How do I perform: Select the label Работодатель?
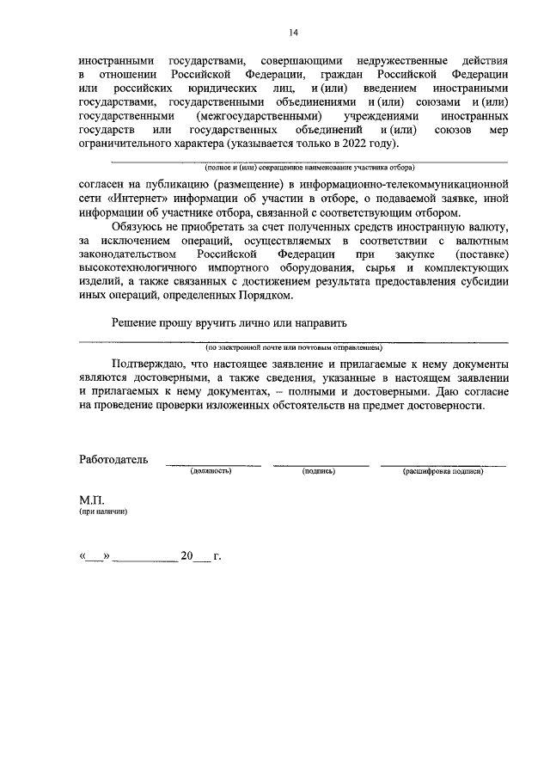pos(114,459)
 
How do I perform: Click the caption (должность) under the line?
pos(212,471)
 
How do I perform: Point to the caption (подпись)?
pos(318,471)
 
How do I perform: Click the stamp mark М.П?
pos(91,499)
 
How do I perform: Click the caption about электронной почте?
pos(292,347)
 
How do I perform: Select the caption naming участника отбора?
pos(292,168)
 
